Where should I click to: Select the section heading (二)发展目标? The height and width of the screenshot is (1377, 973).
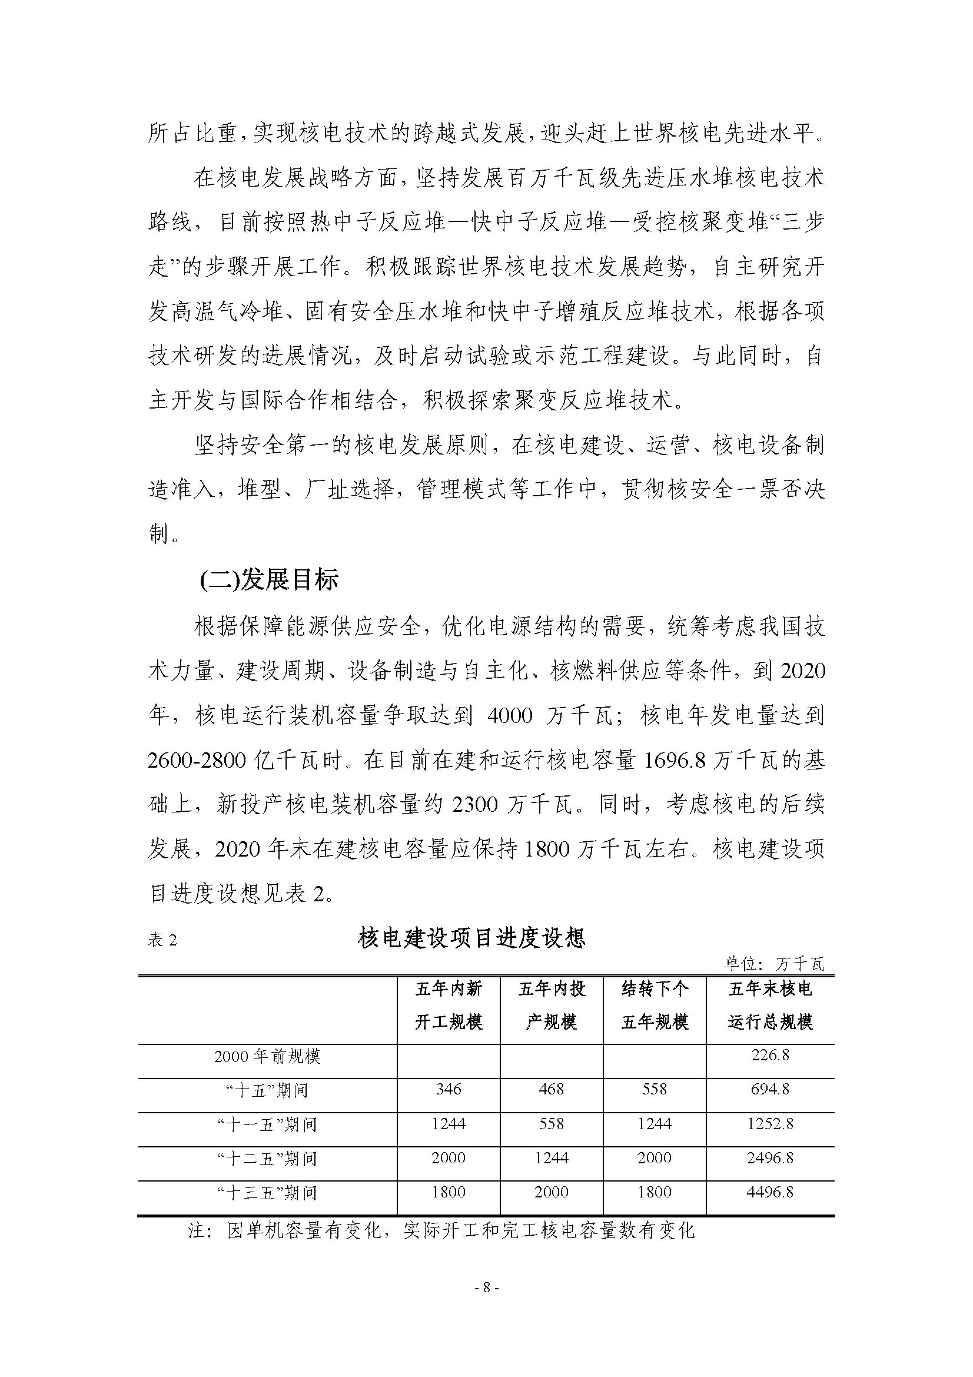tap(269, 580)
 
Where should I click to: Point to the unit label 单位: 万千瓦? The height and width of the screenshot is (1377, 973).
tap(774, 964)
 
